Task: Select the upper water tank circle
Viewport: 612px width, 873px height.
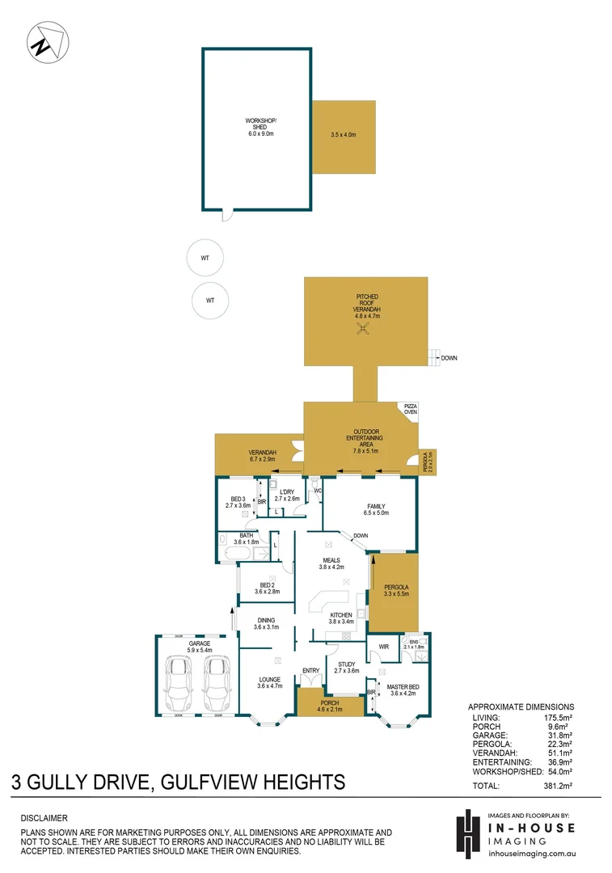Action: coord(205,258)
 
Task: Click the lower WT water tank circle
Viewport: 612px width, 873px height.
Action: coord(210,300)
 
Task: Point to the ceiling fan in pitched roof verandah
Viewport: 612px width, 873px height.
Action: coord(365,327)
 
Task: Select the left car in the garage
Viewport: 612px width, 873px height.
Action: coord(179,682)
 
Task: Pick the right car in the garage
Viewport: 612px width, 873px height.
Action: coord(215,682)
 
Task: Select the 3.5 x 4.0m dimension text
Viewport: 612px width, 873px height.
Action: coord(343,135)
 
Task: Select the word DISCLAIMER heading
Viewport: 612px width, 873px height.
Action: coord(44,818)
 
